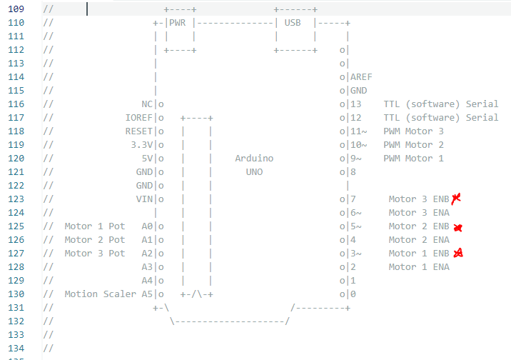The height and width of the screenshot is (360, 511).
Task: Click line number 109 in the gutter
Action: (x=15, y=9)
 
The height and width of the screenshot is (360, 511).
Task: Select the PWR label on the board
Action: (x=177, y=22)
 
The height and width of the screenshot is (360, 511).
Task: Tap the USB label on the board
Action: (x=293, y=22)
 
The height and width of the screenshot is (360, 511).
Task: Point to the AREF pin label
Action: (x=361, y=77)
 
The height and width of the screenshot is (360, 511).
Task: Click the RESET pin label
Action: (x=139, y=131)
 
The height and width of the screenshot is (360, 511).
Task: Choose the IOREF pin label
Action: (x=139, y=118)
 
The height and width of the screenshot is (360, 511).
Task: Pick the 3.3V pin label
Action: (x=142, y=145)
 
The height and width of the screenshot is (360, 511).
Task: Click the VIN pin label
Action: (x=145, y=199)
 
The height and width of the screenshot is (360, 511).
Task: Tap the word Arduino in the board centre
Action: (x=254, y=159)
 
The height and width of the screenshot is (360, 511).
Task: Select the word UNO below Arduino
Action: (x=254, y=172)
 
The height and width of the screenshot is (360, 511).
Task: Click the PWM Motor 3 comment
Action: (x=413, y=131)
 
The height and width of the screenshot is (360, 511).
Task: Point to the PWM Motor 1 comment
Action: (x=413, y=159)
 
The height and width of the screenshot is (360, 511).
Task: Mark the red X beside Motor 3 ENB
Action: (x=456, y=198)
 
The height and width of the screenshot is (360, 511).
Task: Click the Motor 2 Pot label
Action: (x=95, y=240)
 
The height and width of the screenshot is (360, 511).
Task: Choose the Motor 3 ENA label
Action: (x=419, y=213)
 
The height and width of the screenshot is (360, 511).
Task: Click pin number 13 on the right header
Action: (x=355, y=104)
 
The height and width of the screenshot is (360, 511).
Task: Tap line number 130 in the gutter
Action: (x=15, y=294)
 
